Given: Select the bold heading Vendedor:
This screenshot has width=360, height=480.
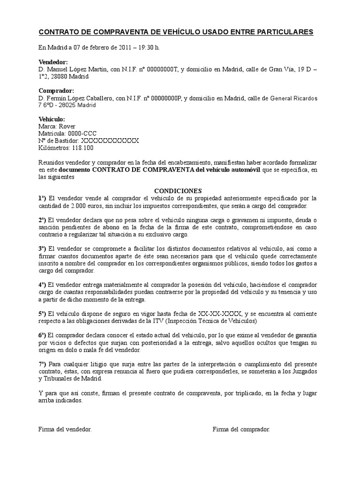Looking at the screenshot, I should pos(53,62).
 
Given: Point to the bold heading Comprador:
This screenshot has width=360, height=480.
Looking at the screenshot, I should pos(56,90).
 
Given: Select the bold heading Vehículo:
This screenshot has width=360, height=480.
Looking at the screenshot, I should pos(52,119).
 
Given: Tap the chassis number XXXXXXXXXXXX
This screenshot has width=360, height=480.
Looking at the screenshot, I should pos(110,141).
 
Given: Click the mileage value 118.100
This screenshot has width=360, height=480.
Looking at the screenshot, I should pos(82,148).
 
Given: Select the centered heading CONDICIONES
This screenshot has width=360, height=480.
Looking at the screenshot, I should pos(178,191).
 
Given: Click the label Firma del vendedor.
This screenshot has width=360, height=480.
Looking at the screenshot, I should pos(65,429).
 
